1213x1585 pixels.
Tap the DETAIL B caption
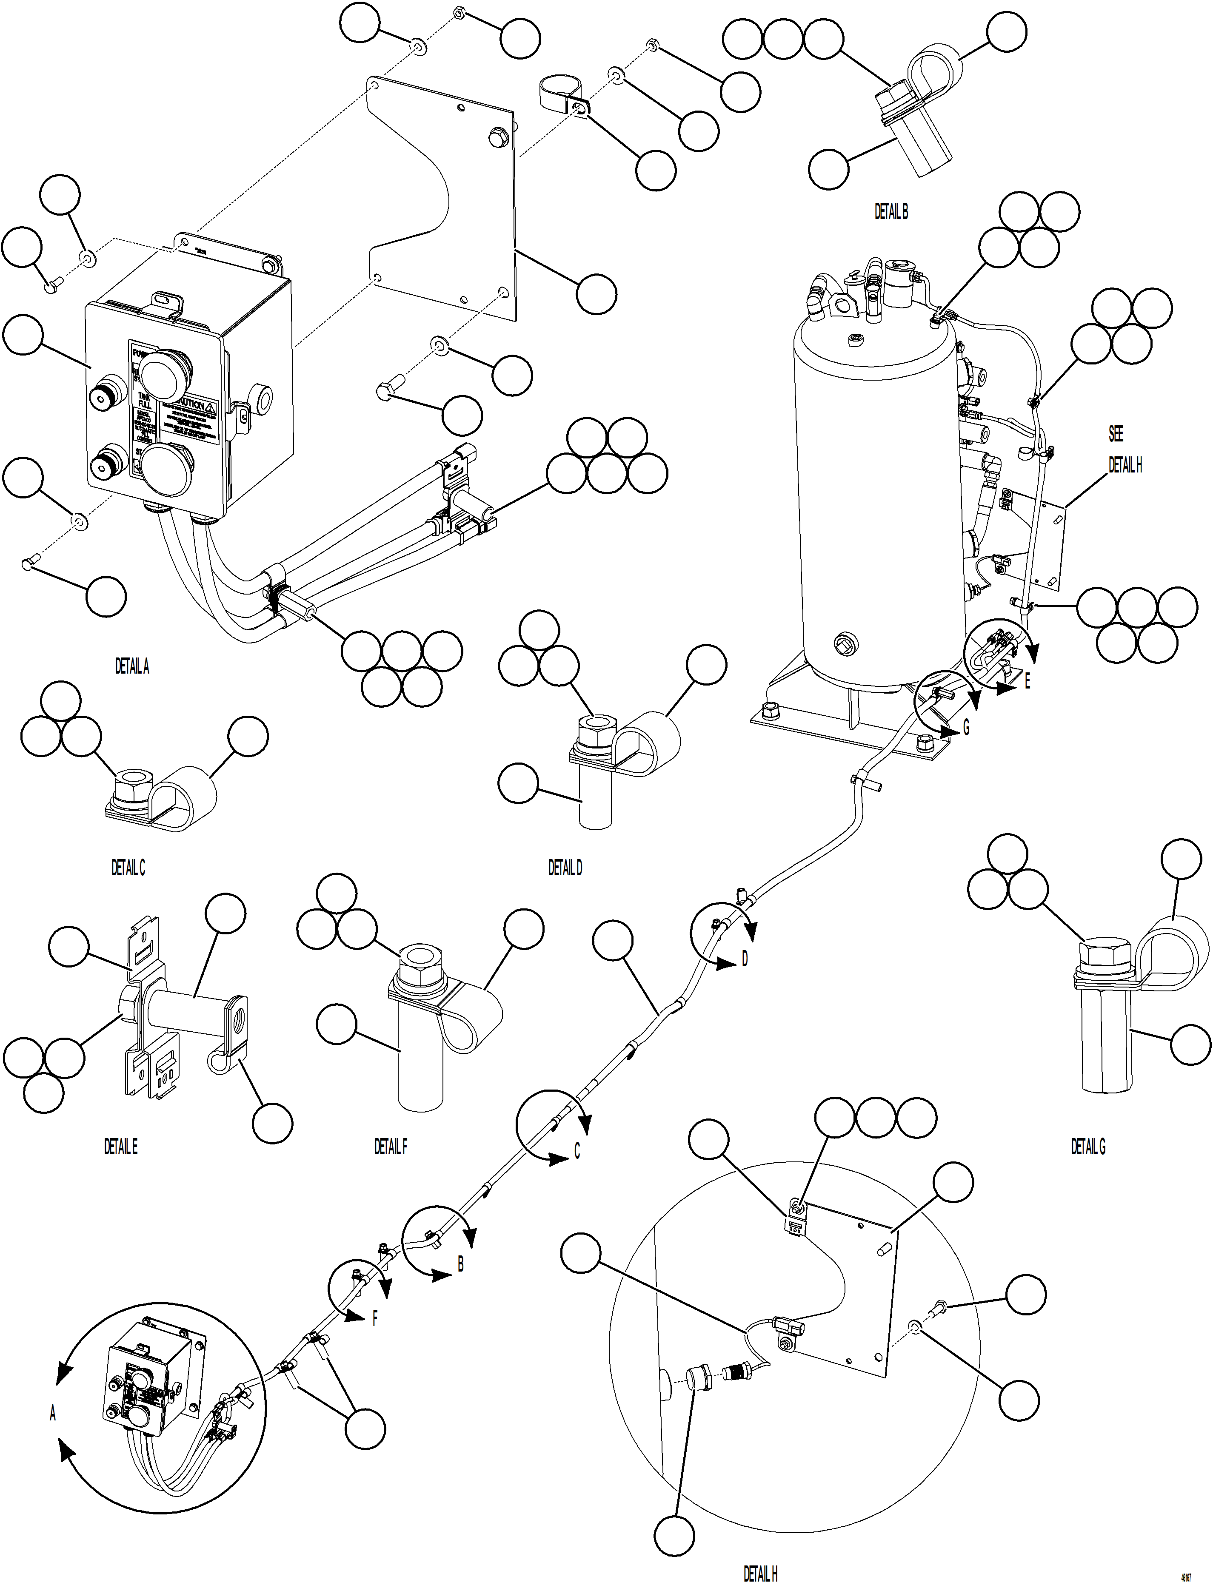pos(891,211)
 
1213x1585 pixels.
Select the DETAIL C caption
pos(128,868)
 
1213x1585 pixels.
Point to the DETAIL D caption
pos(565,868)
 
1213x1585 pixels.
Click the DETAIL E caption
pos(120,1146)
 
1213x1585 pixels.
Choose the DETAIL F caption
pos(391,1146)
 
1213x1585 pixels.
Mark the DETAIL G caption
pos(1088,1146)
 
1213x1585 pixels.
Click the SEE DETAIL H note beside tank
pos(1124,450)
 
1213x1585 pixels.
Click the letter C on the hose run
pos(577,1151)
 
